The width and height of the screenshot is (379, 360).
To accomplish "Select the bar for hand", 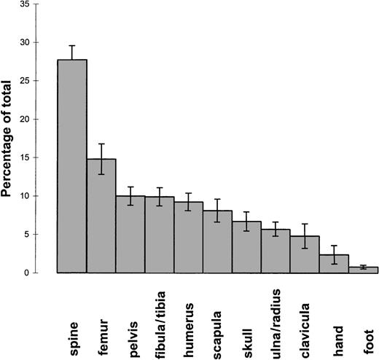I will (335, 264).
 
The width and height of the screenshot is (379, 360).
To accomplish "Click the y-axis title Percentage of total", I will (12, 136).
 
